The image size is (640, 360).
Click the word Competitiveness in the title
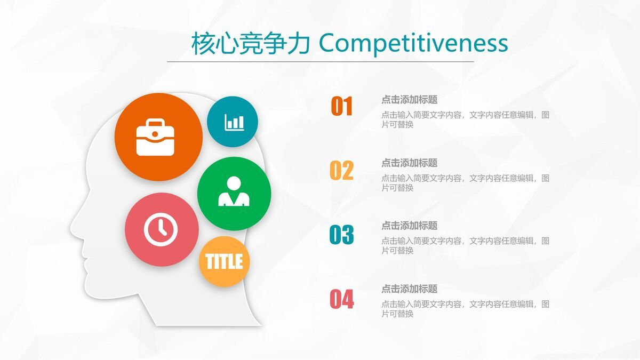413,44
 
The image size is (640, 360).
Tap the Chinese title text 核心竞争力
251,44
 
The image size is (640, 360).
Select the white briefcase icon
155,138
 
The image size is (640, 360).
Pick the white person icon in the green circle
234,192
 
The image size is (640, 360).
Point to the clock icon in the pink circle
161,229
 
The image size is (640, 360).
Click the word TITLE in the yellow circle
224,261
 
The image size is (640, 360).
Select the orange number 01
342,107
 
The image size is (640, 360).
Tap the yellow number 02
341,171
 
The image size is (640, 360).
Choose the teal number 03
341,235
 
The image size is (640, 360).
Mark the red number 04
341,299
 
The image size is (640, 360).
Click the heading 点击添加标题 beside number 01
409,100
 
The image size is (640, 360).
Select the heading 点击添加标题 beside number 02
409,163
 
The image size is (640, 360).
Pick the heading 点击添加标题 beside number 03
409,226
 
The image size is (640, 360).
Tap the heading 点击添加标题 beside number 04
409,289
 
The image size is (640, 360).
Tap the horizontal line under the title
320,61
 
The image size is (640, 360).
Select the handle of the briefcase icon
155,124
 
